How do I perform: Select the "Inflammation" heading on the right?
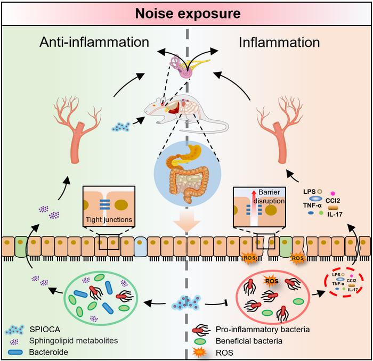coord(280,42)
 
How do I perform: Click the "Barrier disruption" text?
coord(270,198)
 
